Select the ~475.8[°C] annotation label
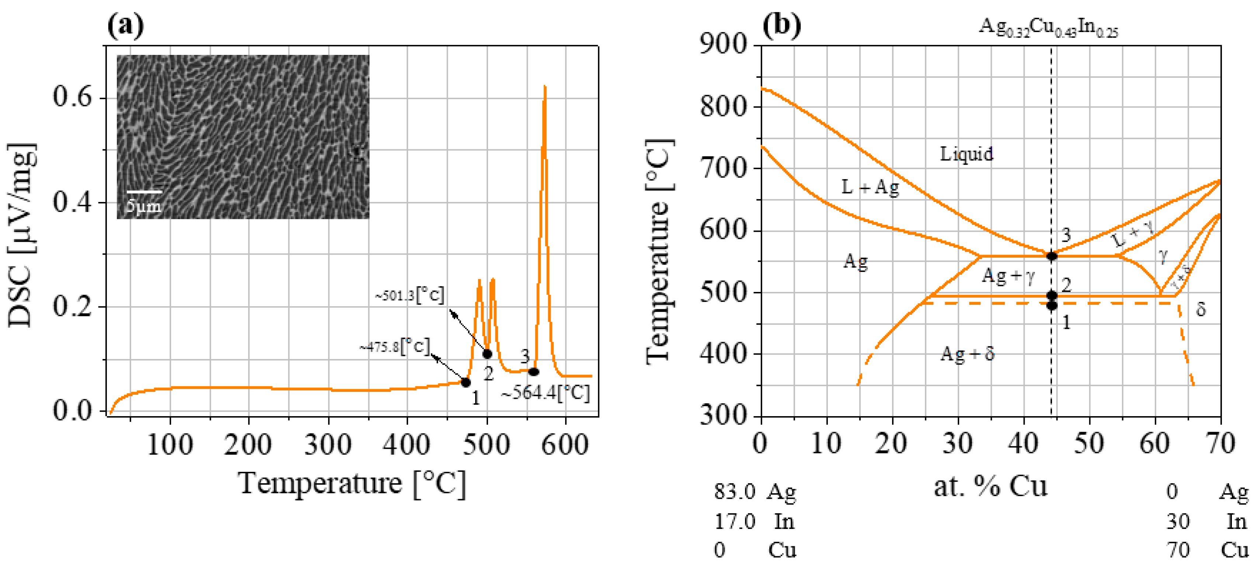(x=395, y=346)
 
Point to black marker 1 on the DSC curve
(x=466, y=383)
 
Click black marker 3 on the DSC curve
(x=533, y=372)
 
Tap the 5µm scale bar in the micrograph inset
(x=144, y=192)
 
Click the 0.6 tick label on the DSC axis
(x=72, y=97)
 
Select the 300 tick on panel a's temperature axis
(x=328, y=445)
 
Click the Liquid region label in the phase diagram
(x=966, y=154)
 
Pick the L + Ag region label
(x=870, y=187)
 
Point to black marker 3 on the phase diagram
(x=1052, y=256)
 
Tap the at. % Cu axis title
(x=990, y=486)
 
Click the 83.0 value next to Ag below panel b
(x=734, y=492)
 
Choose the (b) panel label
(x=781, y=24)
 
